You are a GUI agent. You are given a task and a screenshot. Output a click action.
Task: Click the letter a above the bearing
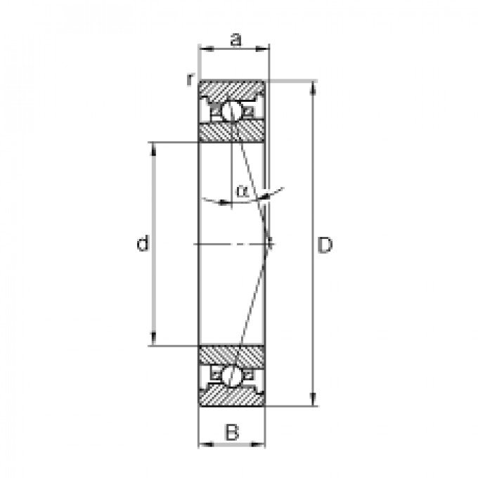point(235,40)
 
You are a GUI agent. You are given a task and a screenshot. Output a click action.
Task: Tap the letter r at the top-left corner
point(189,79)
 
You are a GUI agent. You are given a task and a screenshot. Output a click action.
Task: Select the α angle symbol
point(242,190)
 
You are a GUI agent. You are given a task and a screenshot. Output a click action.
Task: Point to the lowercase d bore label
point(143,244)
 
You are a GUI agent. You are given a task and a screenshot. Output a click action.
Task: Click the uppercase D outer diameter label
point(324,245)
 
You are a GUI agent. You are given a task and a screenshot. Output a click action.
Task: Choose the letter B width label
point(232,432)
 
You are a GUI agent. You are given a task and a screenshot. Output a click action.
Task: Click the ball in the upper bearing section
point(231,112)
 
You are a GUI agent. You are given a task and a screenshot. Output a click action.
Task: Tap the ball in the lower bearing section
point(231,375)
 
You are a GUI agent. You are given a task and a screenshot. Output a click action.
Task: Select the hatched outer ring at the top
point(232,90)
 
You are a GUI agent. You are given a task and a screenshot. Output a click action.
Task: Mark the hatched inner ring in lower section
point(232,356)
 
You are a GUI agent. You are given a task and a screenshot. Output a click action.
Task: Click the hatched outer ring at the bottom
point(232,396)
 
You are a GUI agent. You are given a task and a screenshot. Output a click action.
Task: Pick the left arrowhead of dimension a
point(204,49)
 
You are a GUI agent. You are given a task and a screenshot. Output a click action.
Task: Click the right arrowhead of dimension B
point(261,444)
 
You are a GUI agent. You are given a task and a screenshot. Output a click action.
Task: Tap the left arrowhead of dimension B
point(203,444)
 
